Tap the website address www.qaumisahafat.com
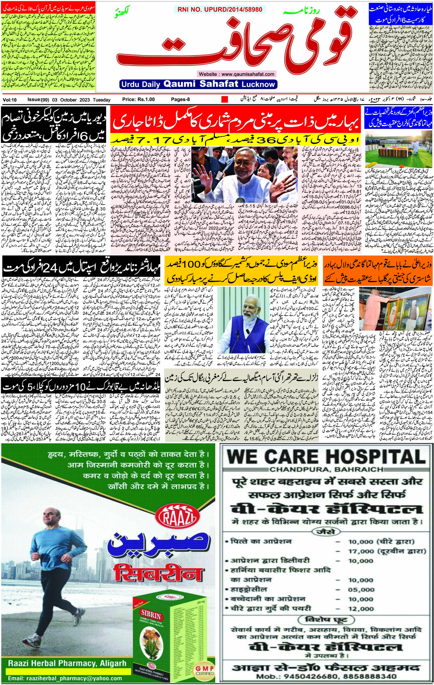point(236,74)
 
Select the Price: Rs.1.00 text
point(138,99)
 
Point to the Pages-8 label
point(180,99)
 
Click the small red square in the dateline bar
point(225,99)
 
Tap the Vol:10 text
point(10,100)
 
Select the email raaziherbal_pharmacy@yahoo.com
point(65,676)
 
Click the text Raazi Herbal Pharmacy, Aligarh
point(67,661)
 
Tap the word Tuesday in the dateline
point(102,100)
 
